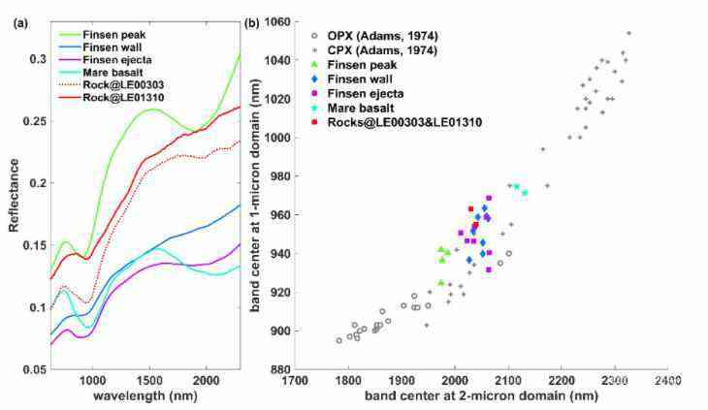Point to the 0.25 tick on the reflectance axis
pyautogui.click(x=34, y=121)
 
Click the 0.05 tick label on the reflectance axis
pyautogui.click(x=34, y=370)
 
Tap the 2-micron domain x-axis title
pyautogui.click(x=480, y=397)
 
